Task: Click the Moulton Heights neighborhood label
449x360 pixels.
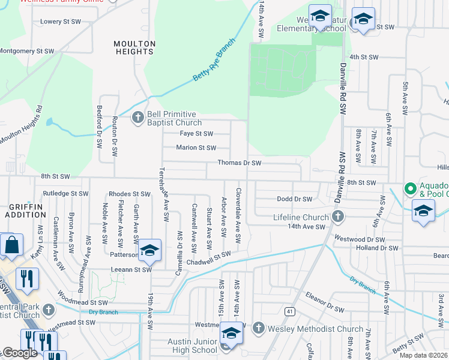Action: tap(134, 48)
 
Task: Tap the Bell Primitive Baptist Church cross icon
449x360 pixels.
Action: tap(137, 117)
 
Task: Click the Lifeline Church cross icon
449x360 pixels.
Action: tap(338, 217)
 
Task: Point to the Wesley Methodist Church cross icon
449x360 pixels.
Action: tap(258, 328)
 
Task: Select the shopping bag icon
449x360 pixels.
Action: tap(11, 245)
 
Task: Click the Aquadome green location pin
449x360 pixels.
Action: tap(411, 189)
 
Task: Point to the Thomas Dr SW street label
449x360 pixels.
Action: tap(239, 163)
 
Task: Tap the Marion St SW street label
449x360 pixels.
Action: tap(196, 148)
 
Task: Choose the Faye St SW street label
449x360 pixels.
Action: tap(196, 134)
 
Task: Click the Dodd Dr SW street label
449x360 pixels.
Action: tap(294, 199)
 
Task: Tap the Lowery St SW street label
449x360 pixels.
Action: tap(60, 22)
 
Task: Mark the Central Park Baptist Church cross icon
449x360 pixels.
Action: tap(49, 310)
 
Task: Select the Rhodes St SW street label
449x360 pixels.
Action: tap(128, 194)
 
